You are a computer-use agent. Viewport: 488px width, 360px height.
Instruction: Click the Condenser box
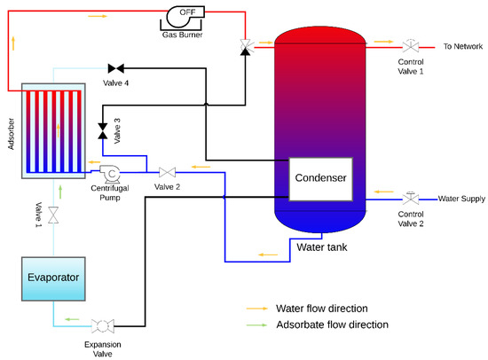(321, 178)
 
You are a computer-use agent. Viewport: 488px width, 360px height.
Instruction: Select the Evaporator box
(52, 278)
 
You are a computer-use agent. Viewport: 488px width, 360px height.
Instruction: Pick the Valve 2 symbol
(167, 172)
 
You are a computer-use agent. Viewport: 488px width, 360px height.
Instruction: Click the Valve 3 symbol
(102, 131)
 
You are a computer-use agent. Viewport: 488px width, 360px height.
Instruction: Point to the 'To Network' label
(461, 45)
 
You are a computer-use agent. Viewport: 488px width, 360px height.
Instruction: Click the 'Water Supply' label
(461, 199)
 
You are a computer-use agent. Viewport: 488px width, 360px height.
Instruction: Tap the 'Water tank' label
(321, 247)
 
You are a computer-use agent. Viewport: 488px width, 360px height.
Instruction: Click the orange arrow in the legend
(257, 308)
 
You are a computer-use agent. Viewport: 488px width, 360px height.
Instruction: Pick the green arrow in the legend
(257, 325)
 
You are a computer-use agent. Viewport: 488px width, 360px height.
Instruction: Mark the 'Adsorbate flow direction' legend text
(333, 325)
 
